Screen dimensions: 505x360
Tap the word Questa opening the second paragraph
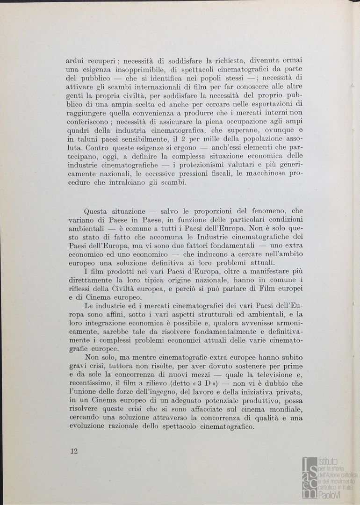(96, 211)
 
